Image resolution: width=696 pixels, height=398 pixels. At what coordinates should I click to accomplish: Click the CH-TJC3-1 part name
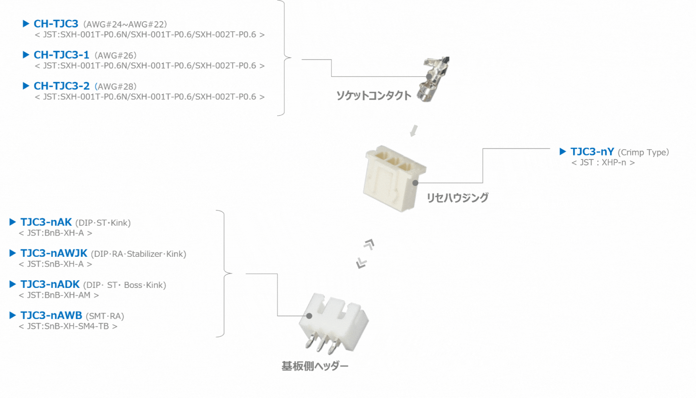(x=61, y=55)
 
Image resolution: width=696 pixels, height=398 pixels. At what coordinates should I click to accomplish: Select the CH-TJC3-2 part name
(x=61, y=86)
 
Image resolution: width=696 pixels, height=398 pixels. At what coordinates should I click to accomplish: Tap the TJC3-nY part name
(x=592, y=152)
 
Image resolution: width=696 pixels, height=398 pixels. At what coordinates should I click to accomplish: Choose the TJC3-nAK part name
(x=46, y=222)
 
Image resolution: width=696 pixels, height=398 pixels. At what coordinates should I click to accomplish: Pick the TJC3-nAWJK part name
(x=54, y=253)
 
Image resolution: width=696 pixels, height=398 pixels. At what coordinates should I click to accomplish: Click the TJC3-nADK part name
(x=50, y=284)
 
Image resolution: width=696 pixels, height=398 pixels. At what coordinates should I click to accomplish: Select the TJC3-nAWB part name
(x=51, y=315)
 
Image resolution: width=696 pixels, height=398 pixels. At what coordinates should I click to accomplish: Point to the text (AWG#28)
(x=115, y=86)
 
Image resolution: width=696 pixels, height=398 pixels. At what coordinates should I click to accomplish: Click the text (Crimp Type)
(x=643, y=152)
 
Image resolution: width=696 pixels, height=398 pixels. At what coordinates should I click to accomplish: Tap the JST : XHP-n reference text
(x=603, y=162)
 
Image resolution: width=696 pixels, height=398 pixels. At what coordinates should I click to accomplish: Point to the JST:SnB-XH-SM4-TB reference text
(x=68, y=326)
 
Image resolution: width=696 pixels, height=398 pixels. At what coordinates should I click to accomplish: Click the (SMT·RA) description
(x=105, y=316)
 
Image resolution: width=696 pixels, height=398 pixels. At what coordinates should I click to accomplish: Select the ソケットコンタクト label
(x=373, y=96)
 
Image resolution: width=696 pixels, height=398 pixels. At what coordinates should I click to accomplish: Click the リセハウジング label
(x=457, y=197)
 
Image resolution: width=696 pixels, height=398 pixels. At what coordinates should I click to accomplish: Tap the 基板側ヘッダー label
(x=315, y=366)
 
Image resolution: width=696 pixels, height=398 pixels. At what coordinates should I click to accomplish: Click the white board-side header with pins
(x=333, y=323)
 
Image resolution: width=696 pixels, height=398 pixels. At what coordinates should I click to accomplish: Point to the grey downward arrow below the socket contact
(x=413, y=131)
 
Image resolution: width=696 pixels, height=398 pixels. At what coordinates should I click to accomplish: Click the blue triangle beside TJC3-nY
(x=563, y=151)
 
